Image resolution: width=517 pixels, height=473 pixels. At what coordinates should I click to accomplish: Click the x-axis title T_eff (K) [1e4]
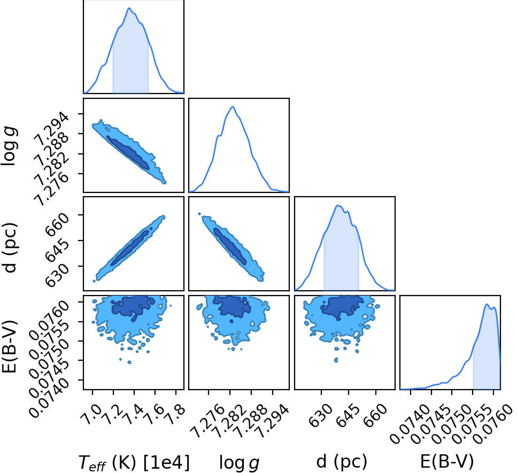[134, 462]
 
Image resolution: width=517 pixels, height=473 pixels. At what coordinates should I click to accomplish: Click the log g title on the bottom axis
[239, 463]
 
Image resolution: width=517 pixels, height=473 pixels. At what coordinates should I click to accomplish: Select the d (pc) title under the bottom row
[342, 461]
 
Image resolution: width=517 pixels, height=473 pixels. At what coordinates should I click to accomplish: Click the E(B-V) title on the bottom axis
[447, 461]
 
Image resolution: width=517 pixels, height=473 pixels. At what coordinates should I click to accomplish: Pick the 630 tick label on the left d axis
[58, 274]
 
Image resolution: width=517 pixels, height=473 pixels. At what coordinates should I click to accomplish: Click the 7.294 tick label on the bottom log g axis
[272, 422]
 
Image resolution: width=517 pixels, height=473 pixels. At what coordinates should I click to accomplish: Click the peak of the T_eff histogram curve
[129, 8]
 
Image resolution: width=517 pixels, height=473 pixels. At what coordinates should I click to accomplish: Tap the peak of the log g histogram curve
[233, 106]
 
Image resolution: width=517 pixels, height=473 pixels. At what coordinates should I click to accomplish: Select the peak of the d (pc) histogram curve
[337, 205]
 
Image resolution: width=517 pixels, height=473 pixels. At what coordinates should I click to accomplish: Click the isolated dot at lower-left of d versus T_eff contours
[94, 281]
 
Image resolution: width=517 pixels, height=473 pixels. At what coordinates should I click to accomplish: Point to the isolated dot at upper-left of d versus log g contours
[199, 214]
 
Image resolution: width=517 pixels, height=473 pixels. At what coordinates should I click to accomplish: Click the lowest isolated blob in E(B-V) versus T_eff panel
[129, 362]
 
